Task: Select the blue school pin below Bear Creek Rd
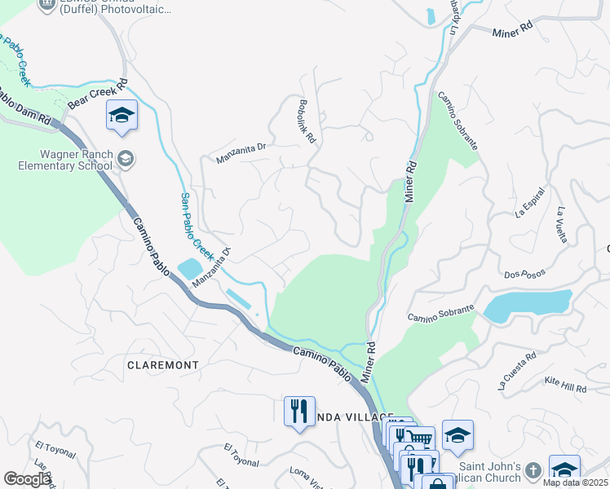coord(122,115)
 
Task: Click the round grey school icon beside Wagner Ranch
coord(125,159)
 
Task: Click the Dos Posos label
coord(523,275)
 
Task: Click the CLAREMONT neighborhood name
coord(163,365)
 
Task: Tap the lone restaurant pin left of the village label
coord(299,410)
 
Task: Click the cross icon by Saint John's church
coord(533,470)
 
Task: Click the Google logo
coord(28,479)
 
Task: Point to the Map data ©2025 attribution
coord(576,482)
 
